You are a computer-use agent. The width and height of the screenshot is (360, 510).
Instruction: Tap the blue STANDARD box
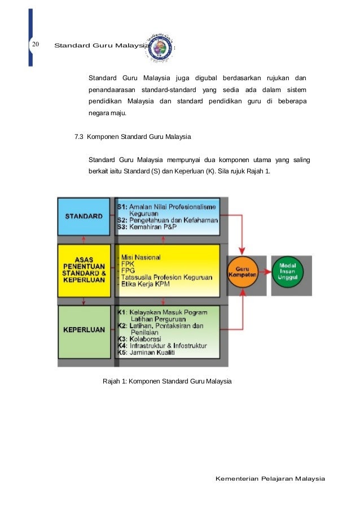click(x=84, y=216)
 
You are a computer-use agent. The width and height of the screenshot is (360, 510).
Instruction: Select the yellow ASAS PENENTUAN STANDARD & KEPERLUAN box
click(x=84, y=270)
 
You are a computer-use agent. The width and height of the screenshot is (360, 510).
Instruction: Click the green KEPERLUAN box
click(x=84, y=330)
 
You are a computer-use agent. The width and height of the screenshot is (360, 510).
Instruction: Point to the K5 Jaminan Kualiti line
click(x=146, y=352)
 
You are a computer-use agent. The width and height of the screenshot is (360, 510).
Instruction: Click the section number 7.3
click(x=79, y=137)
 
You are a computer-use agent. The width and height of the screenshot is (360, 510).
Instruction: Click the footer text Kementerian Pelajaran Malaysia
click(x=270, y=479)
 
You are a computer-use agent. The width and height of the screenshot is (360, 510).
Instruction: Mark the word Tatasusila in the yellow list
click(x=136, y=278)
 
